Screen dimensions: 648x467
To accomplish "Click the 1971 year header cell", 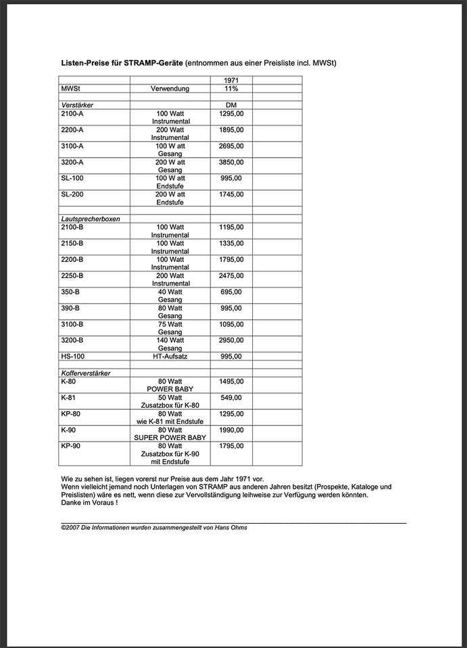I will (x=231, y=80).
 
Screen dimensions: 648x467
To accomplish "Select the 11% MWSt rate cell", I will (x=231, y=88).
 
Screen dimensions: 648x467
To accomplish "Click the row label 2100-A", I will (x=72, y=113).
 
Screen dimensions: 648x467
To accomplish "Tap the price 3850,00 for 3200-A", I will (x=231, y=162).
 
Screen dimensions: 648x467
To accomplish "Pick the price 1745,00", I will (x=231, y=194).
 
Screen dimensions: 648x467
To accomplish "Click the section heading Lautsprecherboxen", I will (x=86, y=219).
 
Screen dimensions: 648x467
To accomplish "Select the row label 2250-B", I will (x=72, y=275).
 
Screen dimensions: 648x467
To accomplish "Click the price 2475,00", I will (x=231, y=275).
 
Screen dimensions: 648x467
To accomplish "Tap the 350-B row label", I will (x=70, y=292).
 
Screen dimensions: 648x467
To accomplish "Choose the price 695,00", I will (x=231, y=292).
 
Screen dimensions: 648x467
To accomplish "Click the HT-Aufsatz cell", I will (x=170, y=356).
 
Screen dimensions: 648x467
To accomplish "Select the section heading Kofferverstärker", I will (x=86, y=373).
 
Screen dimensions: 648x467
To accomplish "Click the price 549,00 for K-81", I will (x=231, y=398).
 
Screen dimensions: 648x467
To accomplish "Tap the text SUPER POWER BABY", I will (x=170, y=437).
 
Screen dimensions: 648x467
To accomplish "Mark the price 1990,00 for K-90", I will (x=231, y=429).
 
